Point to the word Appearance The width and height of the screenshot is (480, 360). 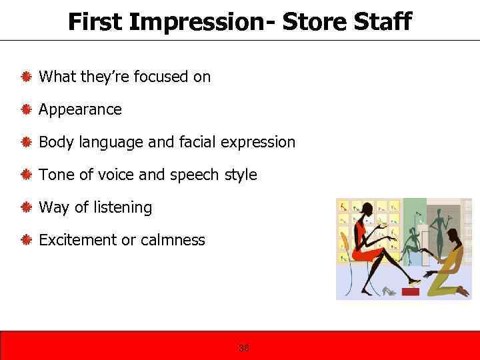pos(80,109)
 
